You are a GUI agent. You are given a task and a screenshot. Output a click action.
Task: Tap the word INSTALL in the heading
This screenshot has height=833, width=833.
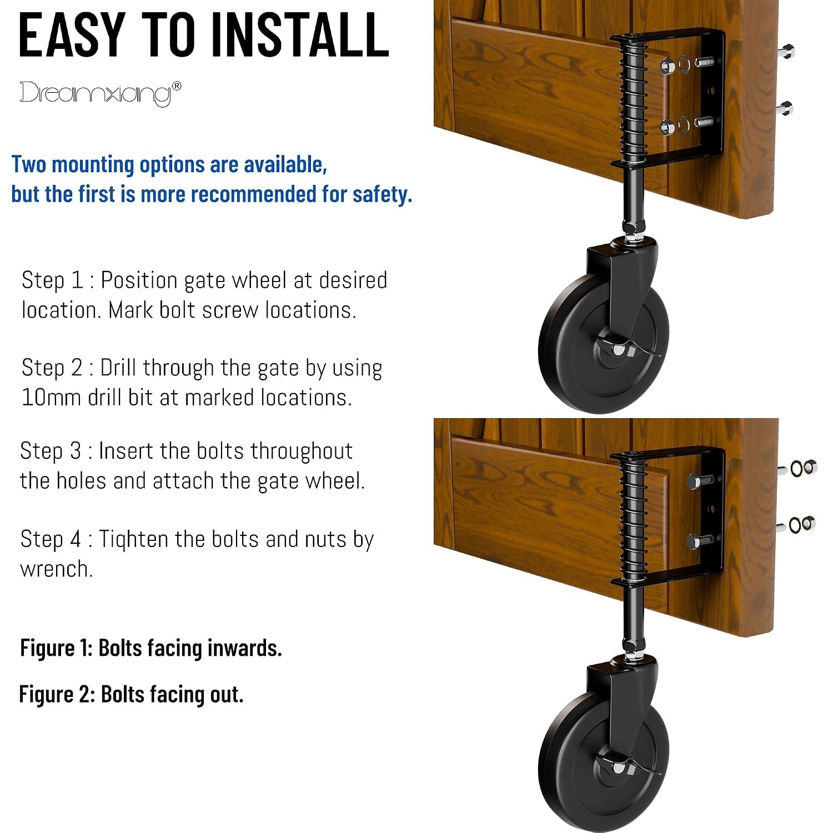300,34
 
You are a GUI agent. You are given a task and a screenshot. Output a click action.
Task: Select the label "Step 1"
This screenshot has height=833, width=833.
52,280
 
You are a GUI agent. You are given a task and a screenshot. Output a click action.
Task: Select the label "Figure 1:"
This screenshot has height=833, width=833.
57,648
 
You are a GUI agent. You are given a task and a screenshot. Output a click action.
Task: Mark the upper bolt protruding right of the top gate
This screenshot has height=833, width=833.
787,52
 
